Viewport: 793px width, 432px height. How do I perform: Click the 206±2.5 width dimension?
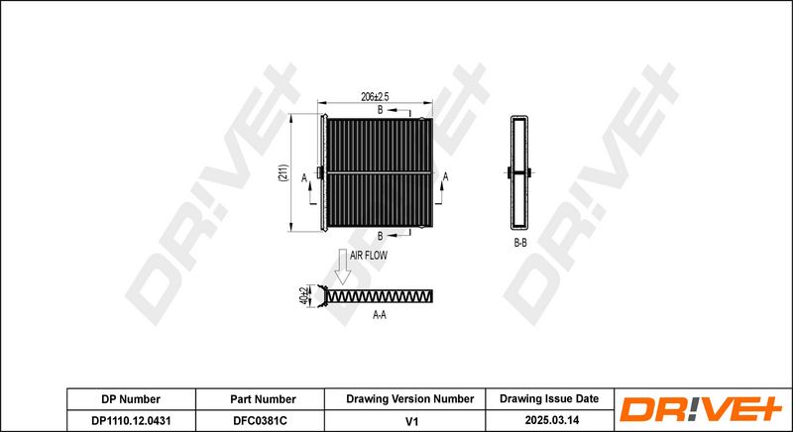pyautogui.click(x=375, y=97)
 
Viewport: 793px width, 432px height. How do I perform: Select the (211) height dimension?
pyautogui.click(x=283, y=172)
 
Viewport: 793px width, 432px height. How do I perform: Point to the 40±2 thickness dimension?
pyautogui.click(x=303, y=296)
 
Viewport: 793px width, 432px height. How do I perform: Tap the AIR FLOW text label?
pyautogui.click(x=369, y=256)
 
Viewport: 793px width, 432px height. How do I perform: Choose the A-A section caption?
pyautogui.click(x=380, y=315)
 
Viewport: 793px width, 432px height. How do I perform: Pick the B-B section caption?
pyautogui.click(x=520, y=243)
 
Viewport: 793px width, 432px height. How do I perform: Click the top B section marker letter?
pyautogui.click(x=381, y=110)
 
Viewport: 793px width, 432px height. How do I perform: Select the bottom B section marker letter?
pyautogui.click(x=381, y=236)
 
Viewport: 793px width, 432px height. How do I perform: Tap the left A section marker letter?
pyautogui.click(x=304, y=177)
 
